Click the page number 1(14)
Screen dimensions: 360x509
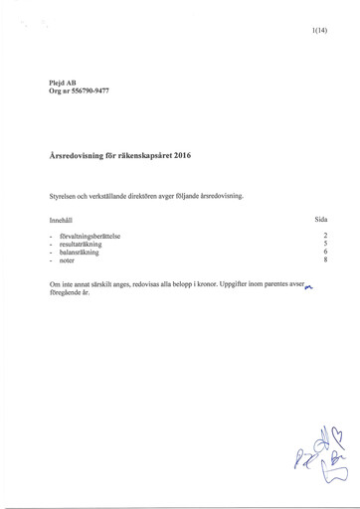click(319, 32)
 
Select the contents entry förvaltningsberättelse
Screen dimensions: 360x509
click(90, 236)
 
